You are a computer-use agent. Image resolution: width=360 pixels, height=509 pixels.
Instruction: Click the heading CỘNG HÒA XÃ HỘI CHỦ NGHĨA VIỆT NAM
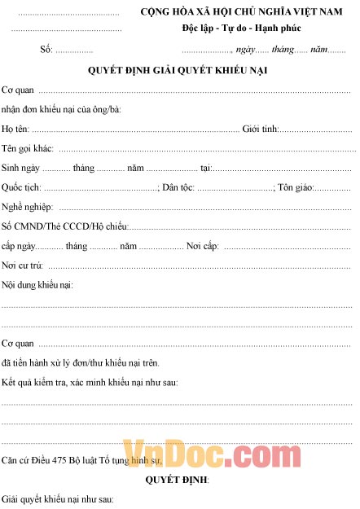242,14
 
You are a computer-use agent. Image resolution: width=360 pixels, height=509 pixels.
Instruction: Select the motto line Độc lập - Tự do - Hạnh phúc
242,29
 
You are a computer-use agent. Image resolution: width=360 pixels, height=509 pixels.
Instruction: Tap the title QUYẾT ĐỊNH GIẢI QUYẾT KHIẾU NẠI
178,70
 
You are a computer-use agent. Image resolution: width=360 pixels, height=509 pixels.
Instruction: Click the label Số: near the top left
46,50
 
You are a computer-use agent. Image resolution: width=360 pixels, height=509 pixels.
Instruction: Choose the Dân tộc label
178,187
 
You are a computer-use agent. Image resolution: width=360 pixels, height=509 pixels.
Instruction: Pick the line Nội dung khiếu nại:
37,285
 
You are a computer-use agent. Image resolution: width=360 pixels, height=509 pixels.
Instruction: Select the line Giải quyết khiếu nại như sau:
57,498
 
